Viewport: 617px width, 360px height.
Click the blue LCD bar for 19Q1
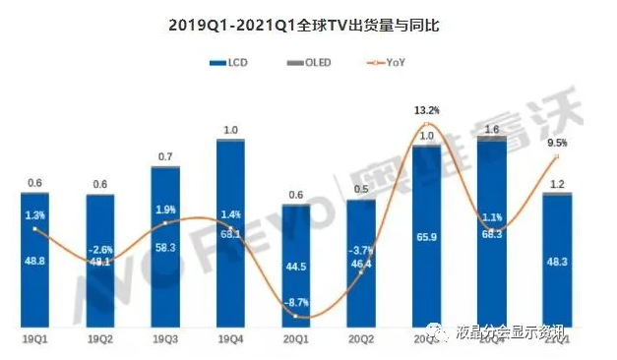coord(34,261)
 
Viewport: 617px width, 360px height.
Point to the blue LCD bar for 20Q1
coord(296,266)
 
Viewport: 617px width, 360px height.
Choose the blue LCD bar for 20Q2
coord(361,264)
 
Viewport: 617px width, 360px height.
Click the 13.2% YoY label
coord(426,110)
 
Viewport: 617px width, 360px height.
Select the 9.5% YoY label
coord(557,142)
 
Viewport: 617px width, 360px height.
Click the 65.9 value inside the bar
coord(426,237)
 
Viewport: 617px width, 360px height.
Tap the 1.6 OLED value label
coord(492,129)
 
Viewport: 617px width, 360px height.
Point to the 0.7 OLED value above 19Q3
coord(165,157)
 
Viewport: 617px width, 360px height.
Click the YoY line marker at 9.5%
coord(557,155)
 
